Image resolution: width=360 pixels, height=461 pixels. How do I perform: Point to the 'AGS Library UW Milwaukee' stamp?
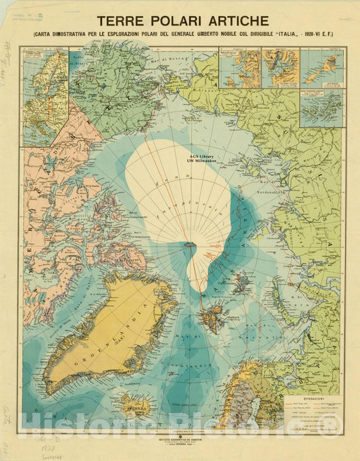pyautogui.click(x=188, y=153)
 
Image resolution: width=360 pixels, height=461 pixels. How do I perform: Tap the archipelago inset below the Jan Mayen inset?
pyautogui.click(x=322, y=108)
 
